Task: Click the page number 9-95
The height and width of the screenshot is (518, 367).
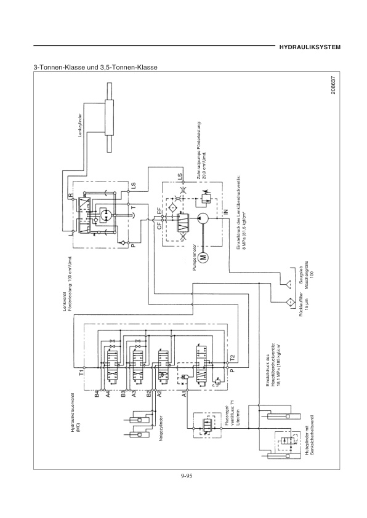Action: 183,474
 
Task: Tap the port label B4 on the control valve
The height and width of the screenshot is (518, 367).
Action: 97,395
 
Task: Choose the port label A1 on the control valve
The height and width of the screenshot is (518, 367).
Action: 183,395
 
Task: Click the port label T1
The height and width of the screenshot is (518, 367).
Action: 81,371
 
